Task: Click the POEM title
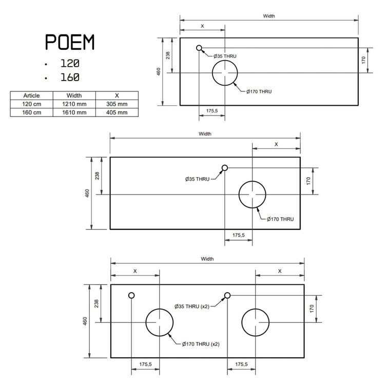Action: pyautogui.click(x=70, y=42)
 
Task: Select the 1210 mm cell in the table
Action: pyautogui.click(x=74, y=104)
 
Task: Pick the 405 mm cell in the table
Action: pyautogui.click(x=117, y=112)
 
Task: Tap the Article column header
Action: pyautogui.click(x=31, y=95)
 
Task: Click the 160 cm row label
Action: pyautogui.click(x=31, y=112)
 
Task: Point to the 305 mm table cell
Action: pyautogui.click(x=117, y=104)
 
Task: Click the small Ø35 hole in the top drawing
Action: pyautogui.click(x=199, y=48)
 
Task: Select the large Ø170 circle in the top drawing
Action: pyautogui.click(x=212, y=73)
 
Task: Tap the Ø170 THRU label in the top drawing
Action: pyautogui.click(x=259, y=91)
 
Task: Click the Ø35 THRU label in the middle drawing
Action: pyautogui.click(x=197, y=179)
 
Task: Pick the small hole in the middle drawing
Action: pyautogui.click(x=225, y=168)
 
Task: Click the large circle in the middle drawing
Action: pyautogui.click(x=239, y=195)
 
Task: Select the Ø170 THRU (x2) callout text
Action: pyautogui.click(x=201, y=344)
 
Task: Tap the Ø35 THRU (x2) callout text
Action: pyautogui.click(x=192, y=306)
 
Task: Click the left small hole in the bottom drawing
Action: pyautogui.click(x=131, y=296)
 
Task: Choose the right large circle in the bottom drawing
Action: pyautogui.click(x=242, y=322)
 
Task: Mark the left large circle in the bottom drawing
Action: pyautogui.click(x=146, y=322)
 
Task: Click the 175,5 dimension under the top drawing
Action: pyautogui.click(x=212, y=111)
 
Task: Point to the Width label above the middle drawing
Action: pyautogui.click(x=205, y=133)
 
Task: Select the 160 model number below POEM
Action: pyautogui.click(x=70, y=78)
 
